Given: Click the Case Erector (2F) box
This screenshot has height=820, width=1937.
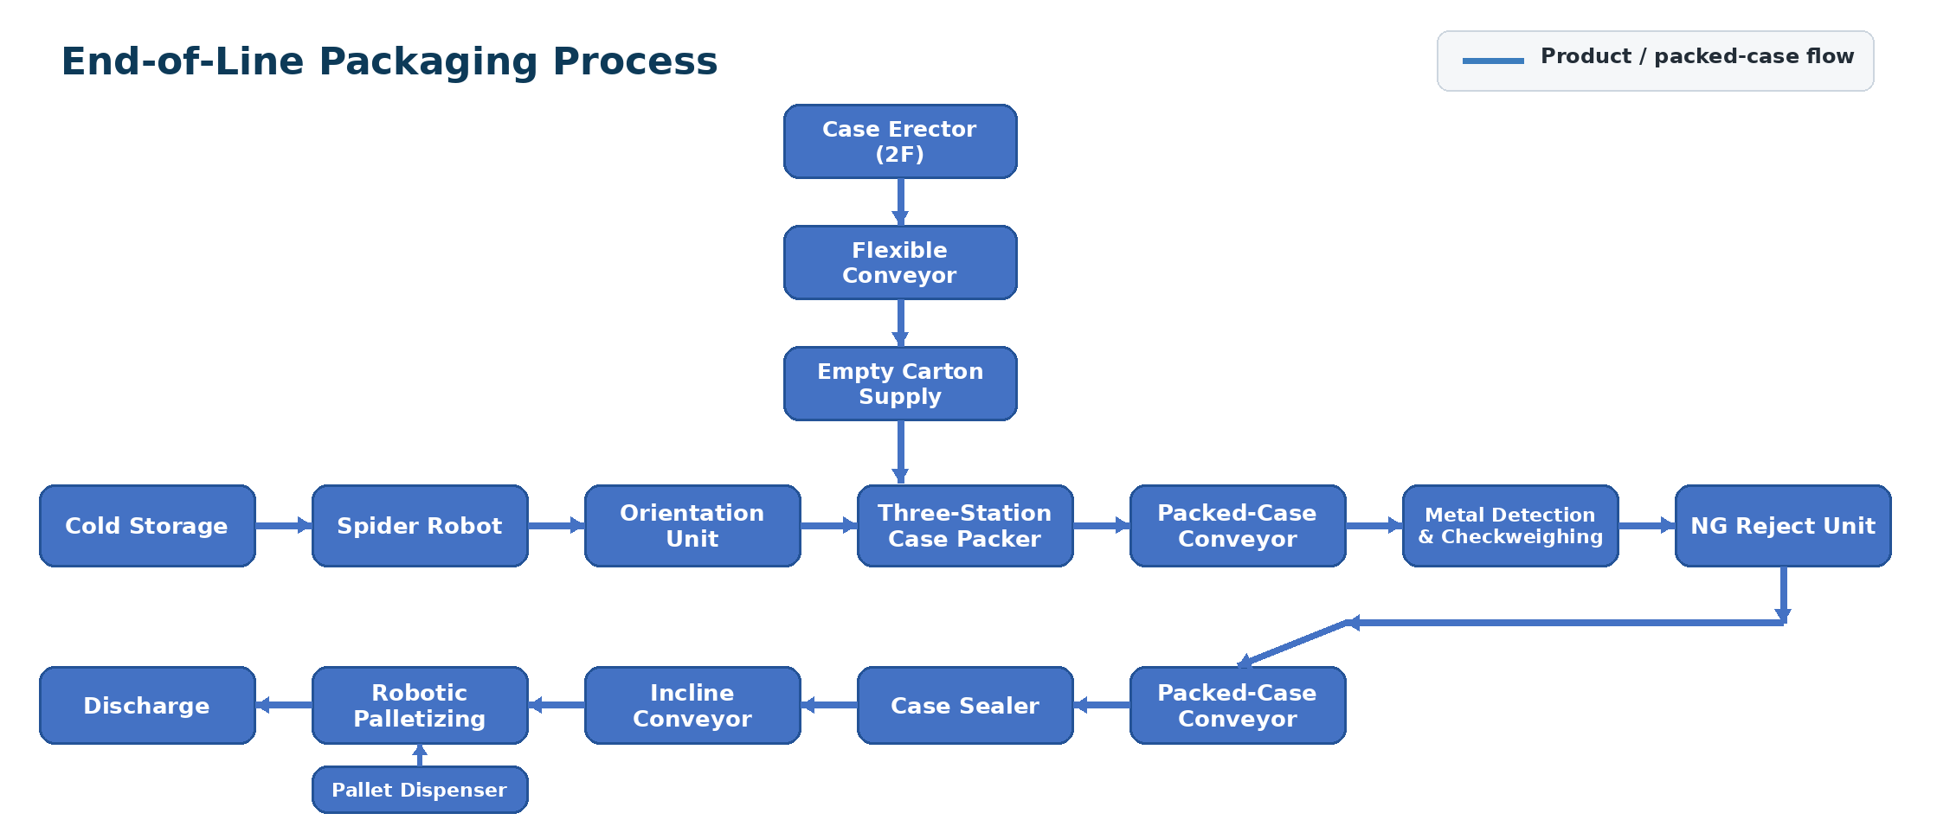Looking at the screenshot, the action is [900, 142].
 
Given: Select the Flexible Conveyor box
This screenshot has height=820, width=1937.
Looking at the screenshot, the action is [900, 263].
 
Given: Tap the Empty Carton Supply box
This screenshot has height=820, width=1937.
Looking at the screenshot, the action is [900, 384].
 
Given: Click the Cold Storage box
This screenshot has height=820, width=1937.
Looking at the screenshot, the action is [147, 526].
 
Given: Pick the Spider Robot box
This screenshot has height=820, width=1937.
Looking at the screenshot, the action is [420, 526].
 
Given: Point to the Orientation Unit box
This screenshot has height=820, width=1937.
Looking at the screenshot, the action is [692, 526].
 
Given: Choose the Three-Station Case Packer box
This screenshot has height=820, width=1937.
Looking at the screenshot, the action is [965, 526].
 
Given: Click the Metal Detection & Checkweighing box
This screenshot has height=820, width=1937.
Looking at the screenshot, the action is [1510, 526].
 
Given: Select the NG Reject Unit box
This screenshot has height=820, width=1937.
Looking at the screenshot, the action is [1783, 526].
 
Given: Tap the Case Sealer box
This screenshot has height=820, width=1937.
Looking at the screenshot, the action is [965, 705].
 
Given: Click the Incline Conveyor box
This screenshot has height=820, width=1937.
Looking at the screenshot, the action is [692, 705].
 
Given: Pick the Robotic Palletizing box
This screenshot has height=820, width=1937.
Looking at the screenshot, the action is [420, 705].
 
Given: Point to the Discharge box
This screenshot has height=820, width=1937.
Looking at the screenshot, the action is [147, 705].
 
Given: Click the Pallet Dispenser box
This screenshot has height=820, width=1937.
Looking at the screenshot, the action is [420, 790].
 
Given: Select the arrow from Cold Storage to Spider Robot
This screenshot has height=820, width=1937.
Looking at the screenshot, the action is [284, 525].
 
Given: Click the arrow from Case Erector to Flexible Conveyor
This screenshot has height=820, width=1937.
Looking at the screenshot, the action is [900, 202].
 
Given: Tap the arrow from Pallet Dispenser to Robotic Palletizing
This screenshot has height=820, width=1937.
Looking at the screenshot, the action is [420, 755].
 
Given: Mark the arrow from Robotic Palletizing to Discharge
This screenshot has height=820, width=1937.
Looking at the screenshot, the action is [284, 705].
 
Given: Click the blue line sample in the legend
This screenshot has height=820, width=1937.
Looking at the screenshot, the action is [1493, 61].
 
